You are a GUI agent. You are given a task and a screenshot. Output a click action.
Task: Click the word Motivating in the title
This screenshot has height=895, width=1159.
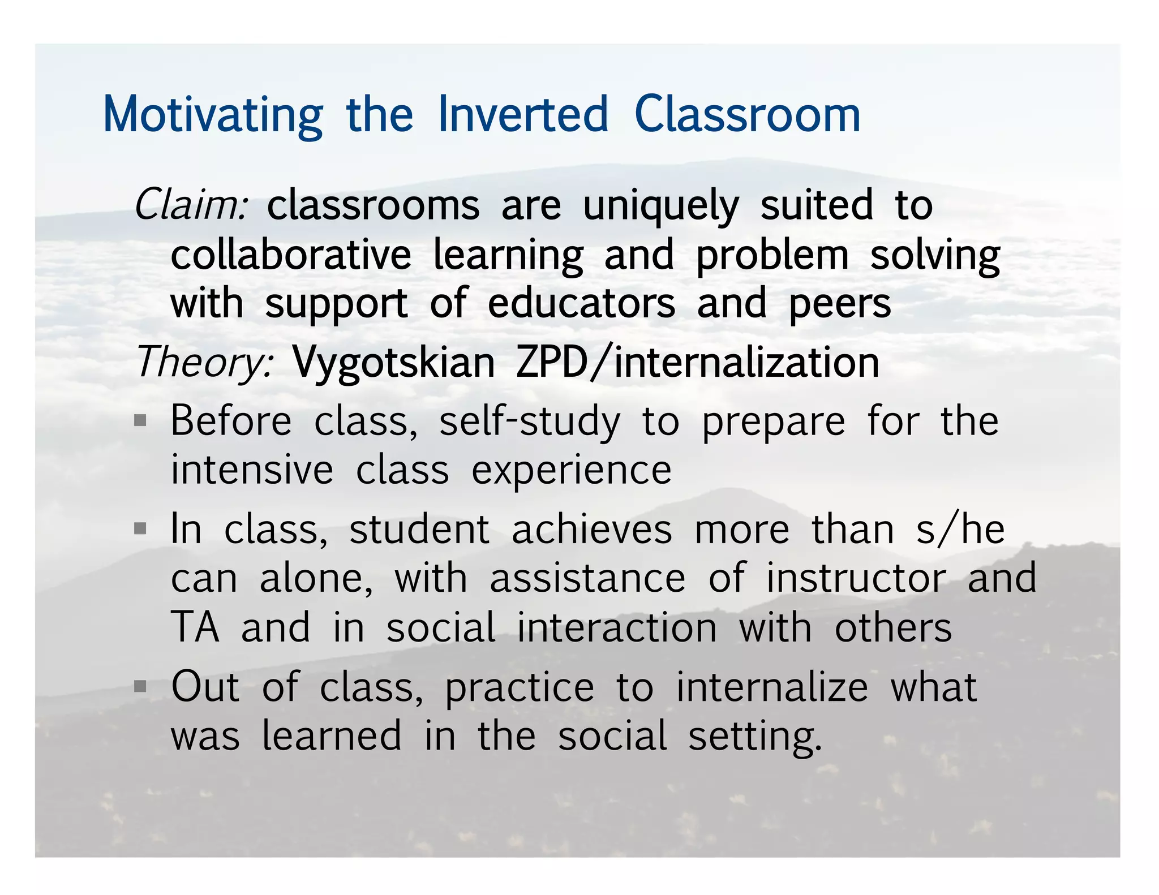(213, 116)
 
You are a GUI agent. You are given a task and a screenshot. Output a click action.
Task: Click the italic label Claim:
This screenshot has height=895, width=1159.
(191, 205)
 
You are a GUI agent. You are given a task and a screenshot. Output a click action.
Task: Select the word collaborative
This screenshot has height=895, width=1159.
(291, 255)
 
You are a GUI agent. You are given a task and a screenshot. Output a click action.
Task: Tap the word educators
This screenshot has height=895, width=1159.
(581, 304)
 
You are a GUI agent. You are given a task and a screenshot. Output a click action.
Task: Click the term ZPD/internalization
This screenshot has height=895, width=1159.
(697, 362)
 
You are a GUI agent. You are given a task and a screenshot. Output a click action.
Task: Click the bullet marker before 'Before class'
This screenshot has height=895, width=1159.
(140, 421)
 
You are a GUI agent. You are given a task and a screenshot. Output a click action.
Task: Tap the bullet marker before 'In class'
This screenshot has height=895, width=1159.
(140, 529)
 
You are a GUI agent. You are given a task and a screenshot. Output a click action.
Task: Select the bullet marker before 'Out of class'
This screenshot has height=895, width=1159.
(140, 686)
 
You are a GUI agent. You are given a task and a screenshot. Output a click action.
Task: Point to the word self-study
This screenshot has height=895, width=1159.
(530, 423)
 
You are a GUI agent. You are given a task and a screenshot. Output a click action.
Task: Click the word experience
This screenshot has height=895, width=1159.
(571, 471)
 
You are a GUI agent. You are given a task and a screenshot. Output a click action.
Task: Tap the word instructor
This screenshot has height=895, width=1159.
(856, 578)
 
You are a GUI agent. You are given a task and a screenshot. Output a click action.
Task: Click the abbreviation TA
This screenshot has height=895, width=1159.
(195, 627)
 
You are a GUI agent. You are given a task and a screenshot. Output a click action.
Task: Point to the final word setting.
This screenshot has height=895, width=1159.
(755, 737)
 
